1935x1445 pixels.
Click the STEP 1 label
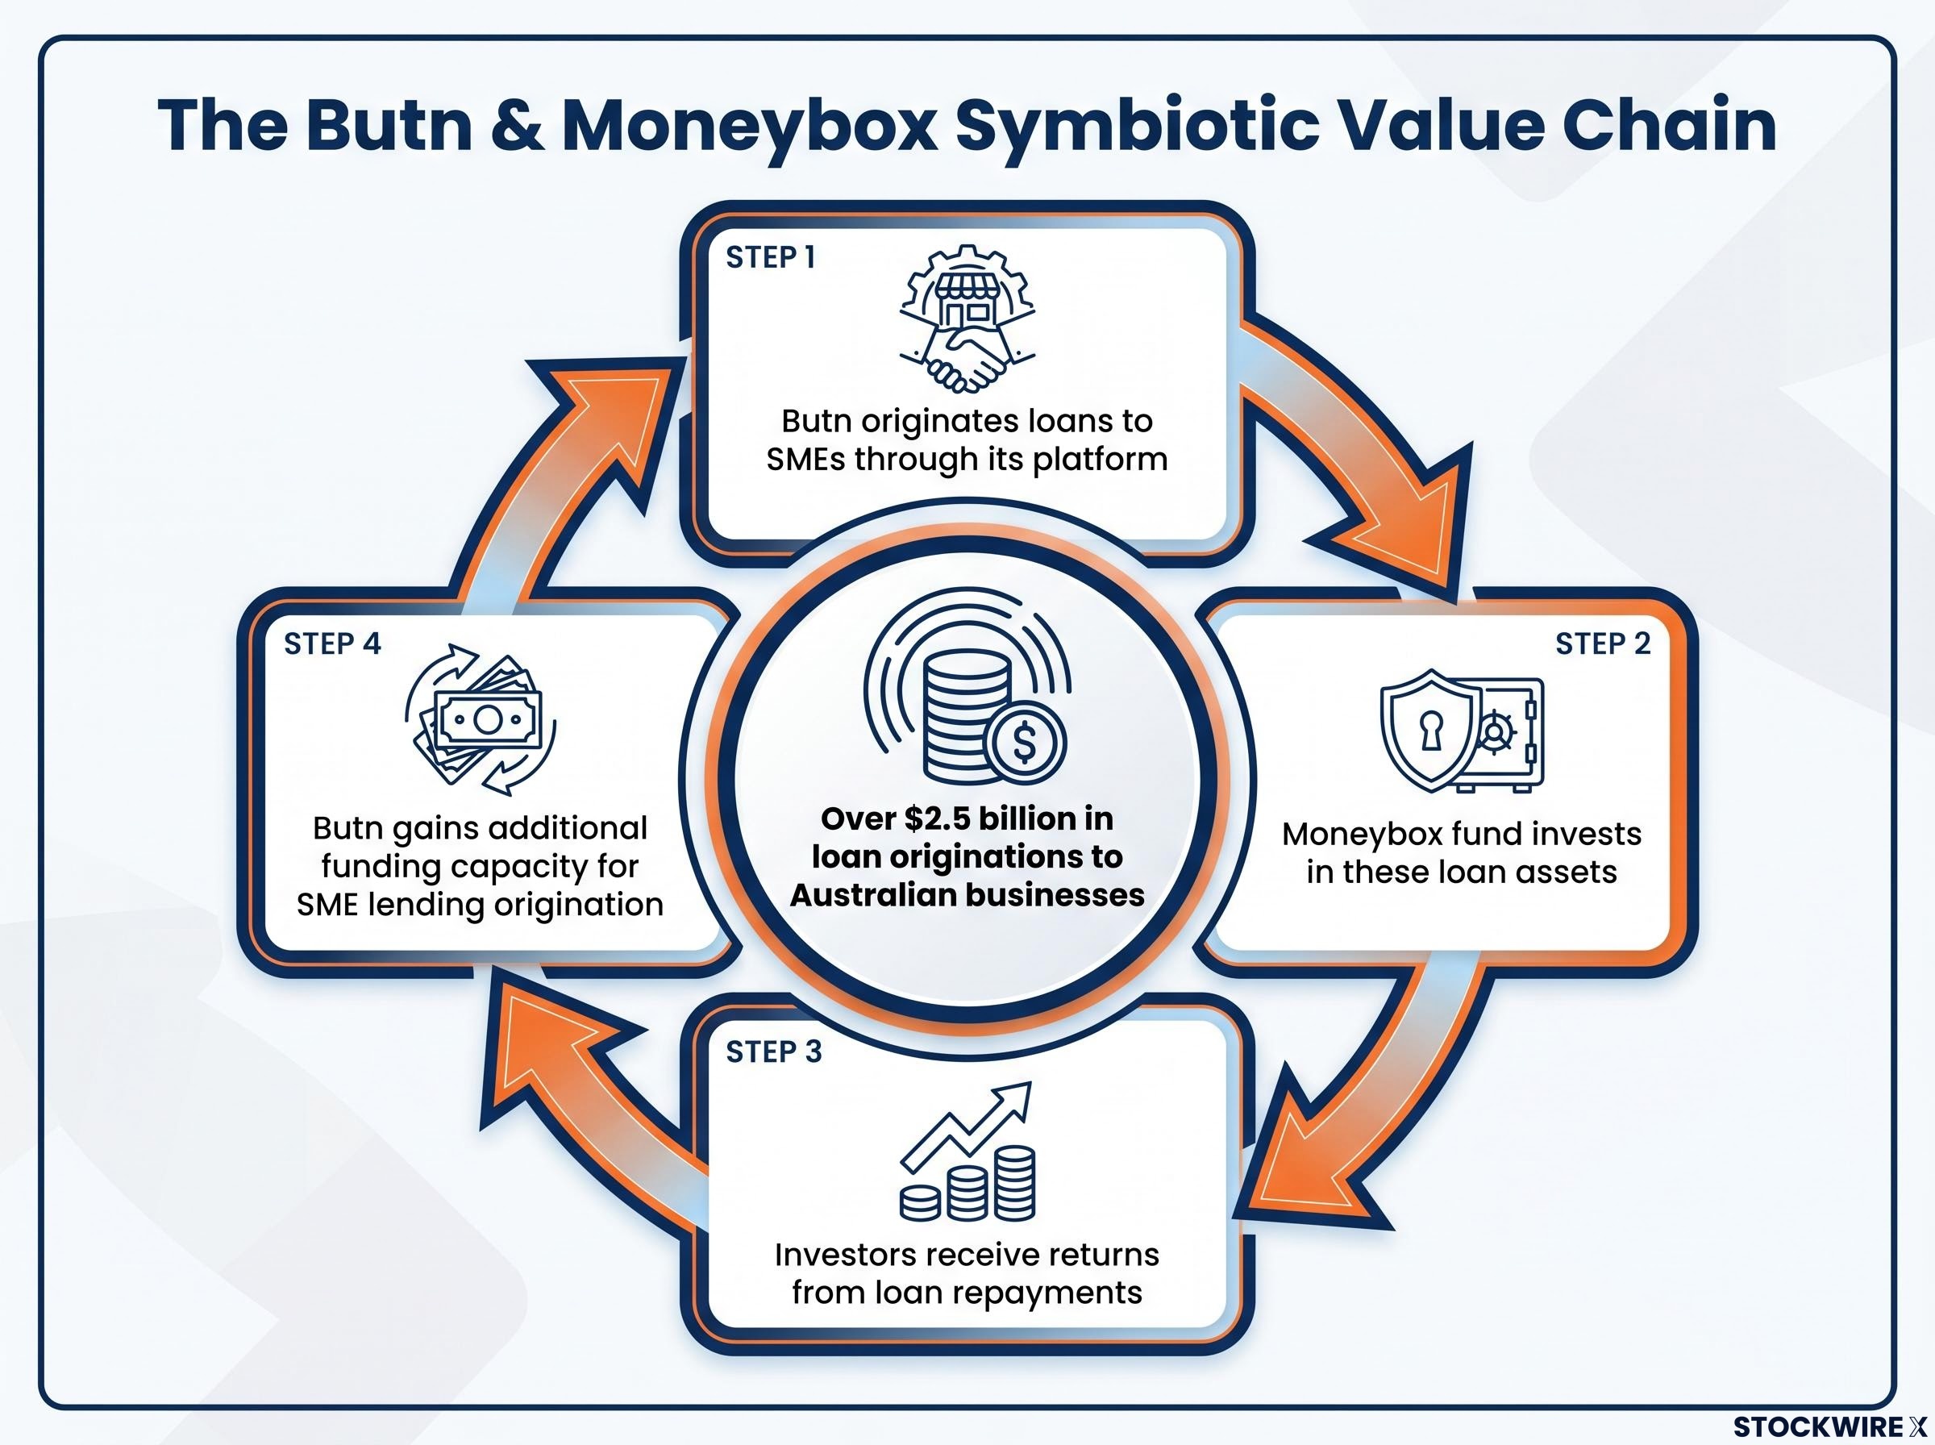click(x=770, y=257)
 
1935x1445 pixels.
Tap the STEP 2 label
click(x=1603, y=643)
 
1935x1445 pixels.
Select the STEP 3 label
click(x=774, y=1051)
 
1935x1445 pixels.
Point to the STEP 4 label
click(x=332, y=643)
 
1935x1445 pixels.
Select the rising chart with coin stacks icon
click(x=967, y=1151)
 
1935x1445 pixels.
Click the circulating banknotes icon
click(x=481, y=719)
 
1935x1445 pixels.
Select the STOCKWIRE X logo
click(x=1829, y=1426)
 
